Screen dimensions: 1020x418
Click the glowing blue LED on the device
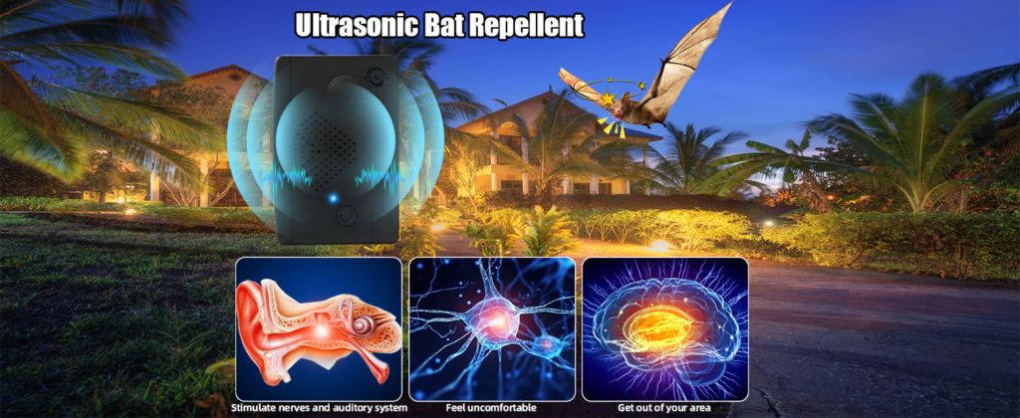tap(333, 198)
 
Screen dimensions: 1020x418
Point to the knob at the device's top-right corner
tap(376, 76)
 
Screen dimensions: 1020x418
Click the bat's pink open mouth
tap(611, 119)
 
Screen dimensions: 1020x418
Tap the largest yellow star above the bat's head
tap(608, 99)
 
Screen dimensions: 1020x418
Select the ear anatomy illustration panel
tap(319, 329)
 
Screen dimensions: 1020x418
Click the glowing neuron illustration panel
tap(492, 329)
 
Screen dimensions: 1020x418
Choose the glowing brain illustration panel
tap(664, 329)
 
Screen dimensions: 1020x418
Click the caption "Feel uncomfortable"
tap(491, 408)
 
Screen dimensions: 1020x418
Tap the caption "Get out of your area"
tap(664, 408)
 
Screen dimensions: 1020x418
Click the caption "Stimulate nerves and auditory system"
tap(320, 408)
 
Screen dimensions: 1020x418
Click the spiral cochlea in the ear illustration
tap(365, 325)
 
